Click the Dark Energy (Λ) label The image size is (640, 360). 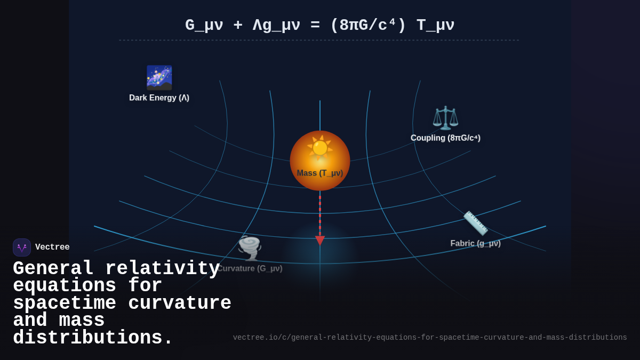point(159,98)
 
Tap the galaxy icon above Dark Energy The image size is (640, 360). point(159,77)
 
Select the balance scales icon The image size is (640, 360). point(445,118)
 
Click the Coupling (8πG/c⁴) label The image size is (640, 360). point(445,138)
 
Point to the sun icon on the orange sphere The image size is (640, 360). point(319,148)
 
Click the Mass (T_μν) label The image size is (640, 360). point(320,173)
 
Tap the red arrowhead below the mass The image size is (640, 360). point(320,241)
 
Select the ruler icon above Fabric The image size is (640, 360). point(475,223)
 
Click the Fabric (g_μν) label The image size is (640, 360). point(475,244)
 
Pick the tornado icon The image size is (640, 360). point(250,247)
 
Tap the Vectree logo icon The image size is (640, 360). point(22,247)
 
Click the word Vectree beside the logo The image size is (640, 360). point(52,247)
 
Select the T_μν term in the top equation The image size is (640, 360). point(435,26)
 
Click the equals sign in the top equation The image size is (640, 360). point(315,26)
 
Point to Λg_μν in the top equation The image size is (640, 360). point(276,26)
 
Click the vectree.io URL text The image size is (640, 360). point(430,338)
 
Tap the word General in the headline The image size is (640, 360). point(53,268)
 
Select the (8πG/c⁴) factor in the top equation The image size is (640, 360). point(368,26)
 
